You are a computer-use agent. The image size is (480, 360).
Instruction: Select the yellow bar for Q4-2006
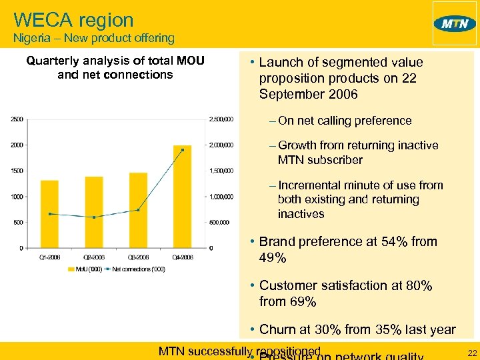[182, 197]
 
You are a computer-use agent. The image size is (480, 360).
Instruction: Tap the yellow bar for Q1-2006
[49, 213]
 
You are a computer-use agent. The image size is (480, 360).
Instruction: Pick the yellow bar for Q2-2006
[94, 212]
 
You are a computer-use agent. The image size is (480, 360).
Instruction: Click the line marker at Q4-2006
[182, 150]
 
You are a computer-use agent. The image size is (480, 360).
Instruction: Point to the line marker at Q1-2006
[49, 214]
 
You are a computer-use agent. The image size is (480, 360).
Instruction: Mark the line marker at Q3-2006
[138, 210]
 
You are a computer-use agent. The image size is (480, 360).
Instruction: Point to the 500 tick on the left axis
[19, 223]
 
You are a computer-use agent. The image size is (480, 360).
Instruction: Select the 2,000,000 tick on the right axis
[222, 145]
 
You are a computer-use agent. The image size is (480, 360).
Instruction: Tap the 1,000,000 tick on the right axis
[222, 197]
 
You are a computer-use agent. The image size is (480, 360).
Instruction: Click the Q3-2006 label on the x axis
[138, 257]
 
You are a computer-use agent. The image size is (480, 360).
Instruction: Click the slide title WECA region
[73, 20]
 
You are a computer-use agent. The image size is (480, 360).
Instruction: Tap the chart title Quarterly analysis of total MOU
[115, 62]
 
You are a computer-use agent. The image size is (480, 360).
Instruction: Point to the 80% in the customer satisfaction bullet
[416, 286]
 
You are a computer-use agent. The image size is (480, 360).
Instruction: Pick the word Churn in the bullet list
[277, 329]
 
